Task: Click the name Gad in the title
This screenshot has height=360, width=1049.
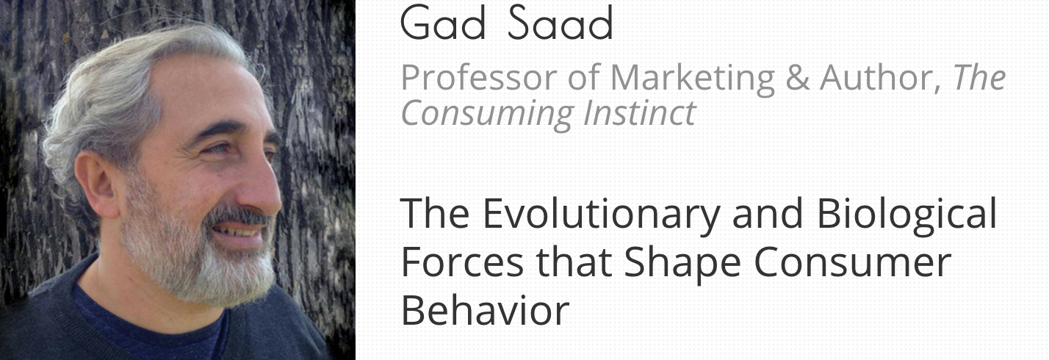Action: (x=443, y=23)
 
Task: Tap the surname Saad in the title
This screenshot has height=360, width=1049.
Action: (x=560, y=23)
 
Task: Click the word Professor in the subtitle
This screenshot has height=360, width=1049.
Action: (x=479, y=78)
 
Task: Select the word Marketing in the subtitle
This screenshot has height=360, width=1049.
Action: (x=693, y=79)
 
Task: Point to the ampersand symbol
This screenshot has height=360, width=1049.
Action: (x=798, y=78)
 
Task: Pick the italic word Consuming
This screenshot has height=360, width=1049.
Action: (x=487, y=114)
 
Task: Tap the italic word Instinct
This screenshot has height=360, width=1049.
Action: (x=640, y=113)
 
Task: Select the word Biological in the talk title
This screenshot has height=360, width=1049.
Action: (x=907, y=214)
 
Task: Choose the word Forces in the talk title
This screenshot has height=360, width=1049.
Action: (x=462, y=262)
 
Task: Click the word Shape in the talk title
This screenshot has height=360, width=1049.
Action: (x=682, y=264)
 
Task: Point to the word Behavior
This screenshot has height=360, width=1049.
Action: (x=485, y=310)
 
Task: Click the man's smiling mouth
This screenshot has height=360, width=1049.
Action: (x=239, y=231)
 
